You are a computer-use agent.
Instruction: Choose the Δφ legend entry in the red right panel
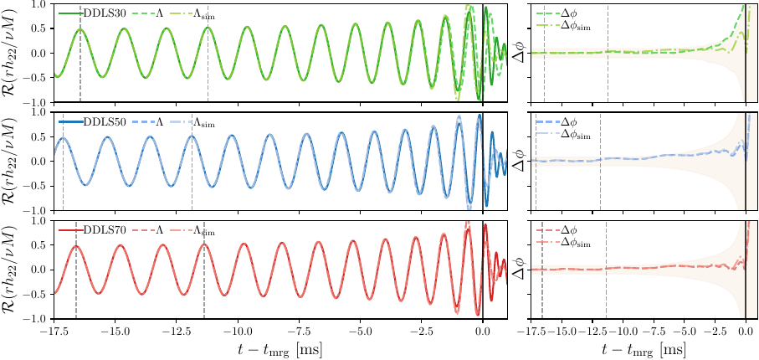(567, 229)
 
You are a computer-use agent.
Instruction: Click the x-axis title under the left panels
(276, 347)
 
